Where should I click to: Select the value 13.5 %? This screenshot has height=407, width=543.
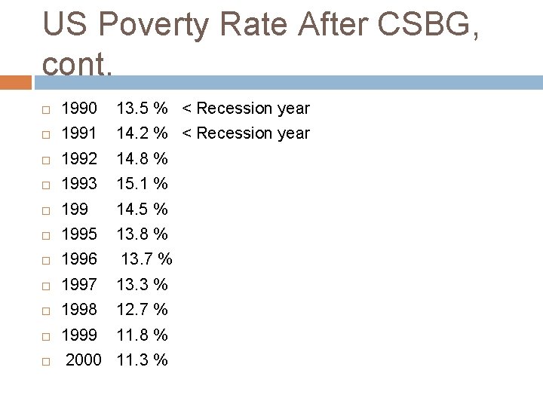click(x=142, y=109)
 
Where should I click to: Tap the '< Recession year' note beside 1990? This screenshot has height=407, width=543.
click(x=246, y=109)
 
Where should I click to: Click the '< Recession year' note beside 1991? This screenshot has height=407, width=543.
click(x=246, y=133)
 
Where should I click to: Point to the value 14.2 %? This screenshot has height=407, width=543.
click(x=142, y=133)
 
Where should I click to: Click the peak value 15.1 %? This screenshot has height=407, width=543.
click(x=142, y=184)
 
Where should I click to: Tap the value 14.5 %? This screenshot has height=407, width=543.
click(x=142, y=209)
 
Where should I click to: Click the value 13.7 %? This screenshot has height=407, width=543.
click(x=147, y=259)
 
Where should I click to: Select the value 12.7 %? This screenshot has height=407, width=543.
click(x=142, y=309)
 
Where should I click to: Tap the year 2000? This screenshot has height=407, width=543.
click(x=83, y=360)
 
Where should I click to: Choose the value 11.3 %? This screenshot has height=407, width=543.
click(x=142, y=360)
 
